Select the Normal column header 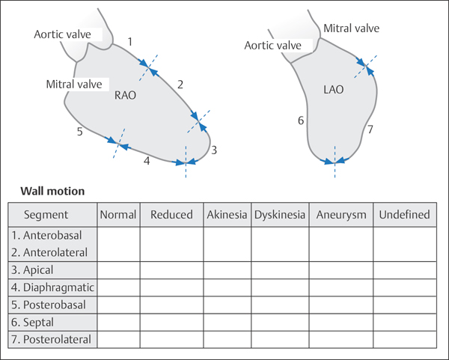[x=118, y=215]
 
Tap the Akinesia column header [x=227, y=215]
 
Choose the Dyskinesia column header [x=280, y=215]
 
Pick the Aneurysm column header [x=341, y=215]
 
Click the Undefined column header [x=404, y=215]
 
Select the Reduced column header [x=171, y=215]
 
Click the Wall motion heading [x=52, y=191]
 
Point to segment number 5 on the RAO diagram [x=79, y=132]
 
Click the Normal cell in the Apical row [x=118, y=269]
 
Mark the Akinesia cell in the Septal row [x=227, y=322]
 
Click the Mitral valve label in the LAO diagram [x=351, y=28]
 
